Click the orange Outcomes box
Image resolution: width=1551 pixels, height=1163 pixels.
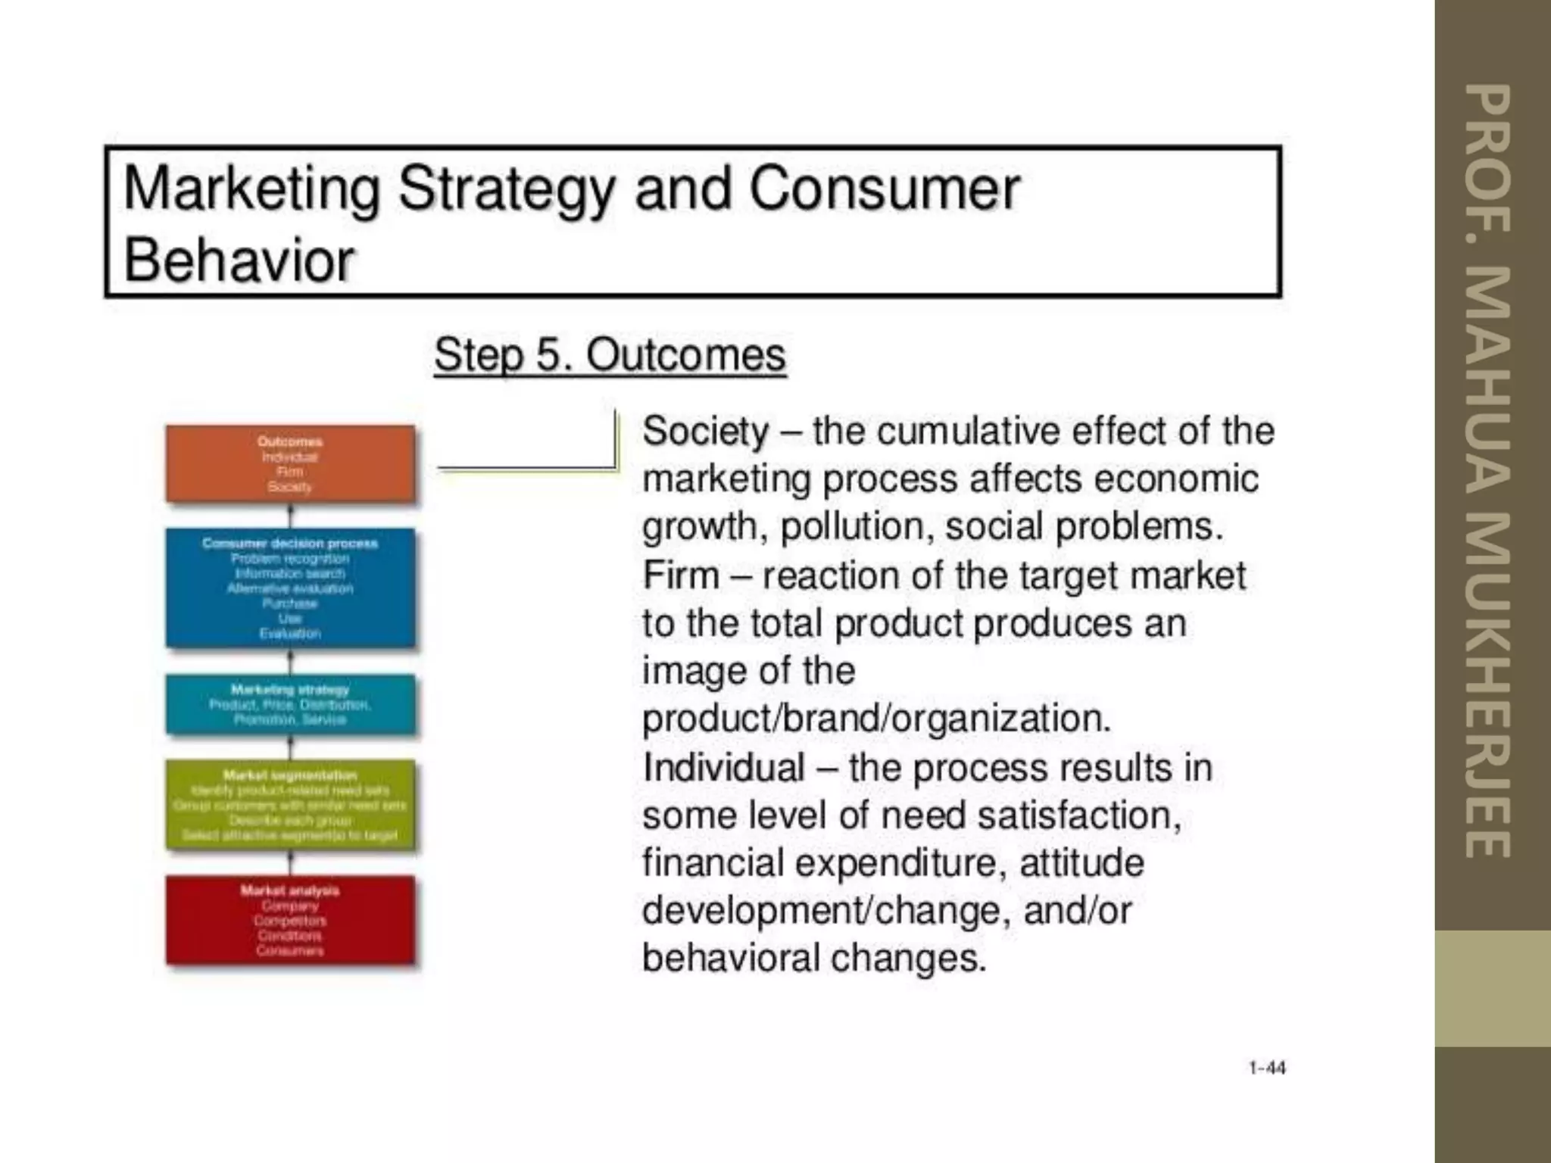pos(290,463)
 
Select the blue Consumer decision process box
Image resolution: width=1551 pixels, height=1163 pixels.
pos(290,588)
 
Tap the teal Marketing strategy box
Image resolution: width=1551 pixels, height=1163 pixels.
pos(290,704)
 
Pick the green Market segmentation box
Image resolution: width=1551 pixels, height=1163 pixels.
pos(290,805)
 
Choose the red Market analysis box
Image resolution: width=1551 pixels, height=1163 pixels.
pos(290,920)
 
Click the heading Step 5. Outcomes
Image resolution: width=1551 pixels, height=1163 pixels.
pos(610,355)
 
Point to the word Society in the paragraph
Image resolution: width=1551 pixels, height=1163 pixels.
pos(705,432)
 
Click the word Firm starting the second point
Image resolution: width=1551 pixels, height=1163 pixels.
pos(681,575)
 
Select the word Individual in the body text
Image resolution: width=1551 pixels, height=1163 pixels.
pos(723,768)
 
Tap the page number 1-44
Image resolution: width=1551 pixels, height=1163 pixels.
pos(1267,1068)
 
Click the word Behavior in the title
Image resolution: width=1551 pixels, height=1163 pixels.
pos(239,260)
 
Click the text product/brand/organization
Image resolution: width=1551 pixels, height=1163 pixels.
pos(876,719)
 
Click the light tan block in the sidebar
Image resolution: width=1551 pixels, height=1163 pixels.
pos(1492,988)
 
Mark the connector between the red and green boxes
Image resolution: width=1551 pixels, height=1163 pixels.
pos(291,862)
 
